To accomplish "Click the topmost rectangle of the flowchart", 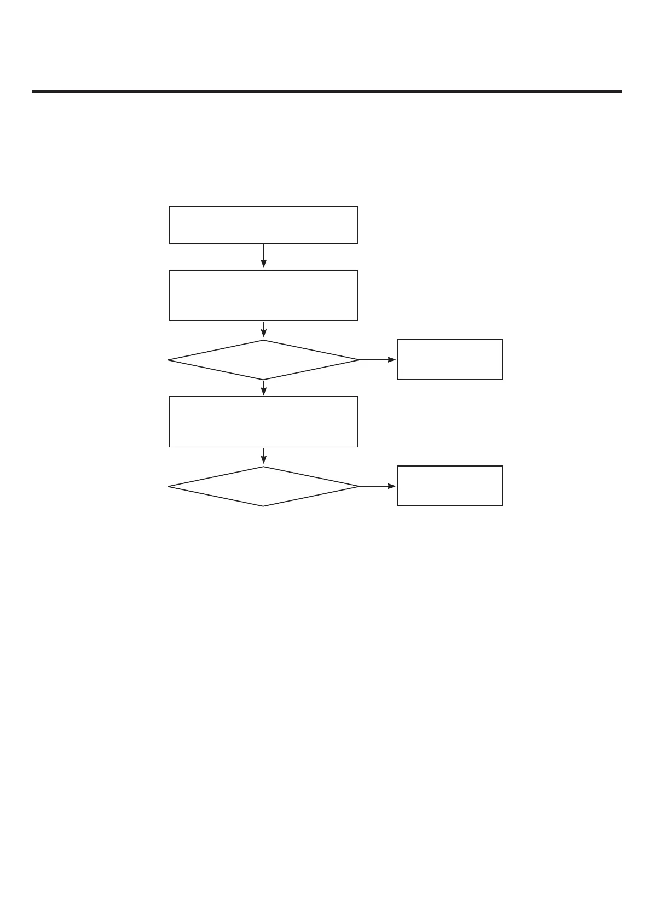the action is (x=263, y=225).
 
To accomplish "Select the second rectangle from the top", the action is (x=263, y=295).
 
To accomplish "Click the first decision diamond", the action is (x=263, y=360).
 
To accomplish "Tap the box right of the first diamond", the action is (x=449, y=359).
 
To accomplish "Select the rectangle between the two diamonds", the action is (x=263, y=422).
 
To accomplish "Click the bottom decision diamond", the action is (x=263, y=486).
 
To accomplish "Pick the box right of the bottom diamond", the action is (x=449, y=486).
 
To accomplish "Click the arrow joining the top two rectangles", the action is (x=264, y=256).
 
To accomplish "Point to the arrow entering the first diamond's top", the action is (x=264, y=329).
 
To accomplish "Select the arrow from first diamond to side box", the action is (x=377, y=360).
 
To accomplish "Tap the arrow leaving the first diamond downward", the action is (x=264, y=388).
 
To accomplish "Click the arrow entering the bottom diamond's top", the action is (x=264, y=456).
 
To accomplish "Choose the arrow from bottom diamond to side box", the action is (x=377, y=486).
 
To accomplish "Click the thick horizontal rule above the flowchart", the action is (x=327, y=91).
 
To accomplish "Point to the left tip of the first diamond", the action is (x=168, y=360).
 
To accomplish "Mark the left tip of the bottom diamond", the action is (x=168, y=486).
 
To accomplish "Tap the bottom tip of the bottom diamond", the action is (x=263, y=506).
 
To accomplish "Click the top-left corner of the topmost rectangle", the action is (x=170, y=207).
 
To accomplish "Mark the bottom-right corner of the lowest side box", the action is (x=502, y=505).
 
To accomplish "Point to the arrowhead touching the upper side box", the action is (x=392, y=360).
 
